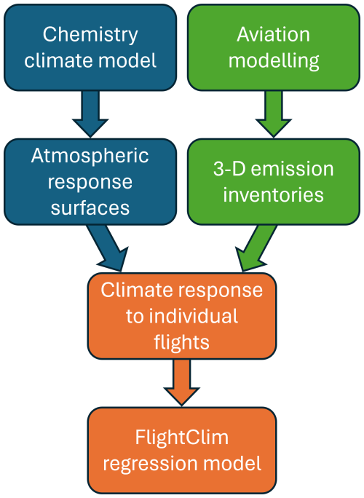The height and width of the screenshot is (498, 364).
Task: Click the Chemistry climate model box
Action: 90,47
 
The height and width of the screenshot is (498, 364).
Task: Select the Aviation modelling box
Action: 273,47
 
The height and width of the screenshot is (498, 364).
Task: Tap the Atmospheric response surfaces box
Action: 90,181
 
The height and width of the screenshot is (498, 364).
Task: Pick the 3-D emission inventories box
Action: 273,181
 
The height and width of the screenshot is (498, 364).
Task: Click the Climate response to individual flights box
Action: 182,316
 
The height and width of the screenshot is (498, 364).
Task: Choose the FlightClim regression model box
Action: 182,450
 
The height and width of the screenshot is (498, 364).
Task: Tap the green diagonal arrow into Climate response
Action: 255,248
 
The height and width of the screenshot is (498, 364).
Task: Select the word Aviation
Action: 273,34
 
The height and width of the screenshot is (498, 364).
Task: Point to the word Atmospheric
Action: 90,156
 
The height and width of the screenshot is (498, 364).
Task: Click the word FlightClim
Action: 182,438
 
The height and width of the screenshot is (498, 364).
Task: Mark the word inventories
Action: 273,194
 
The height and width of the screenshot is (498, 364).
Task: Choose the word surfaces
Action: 90,207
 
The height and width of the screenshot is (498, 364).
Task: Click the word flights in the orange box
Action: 182,341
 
